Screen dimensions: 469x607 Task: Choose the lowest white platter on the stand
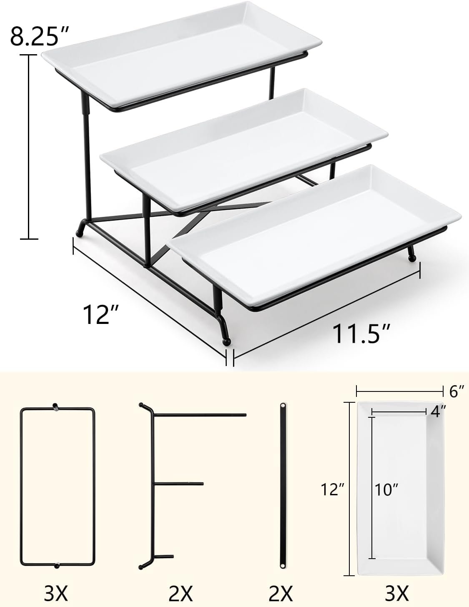pos(314,235)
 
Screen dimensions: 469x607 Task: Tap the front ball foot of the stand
pos(226,341)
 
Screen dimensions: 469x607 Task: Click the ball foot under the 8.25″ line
pos(80,233)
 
